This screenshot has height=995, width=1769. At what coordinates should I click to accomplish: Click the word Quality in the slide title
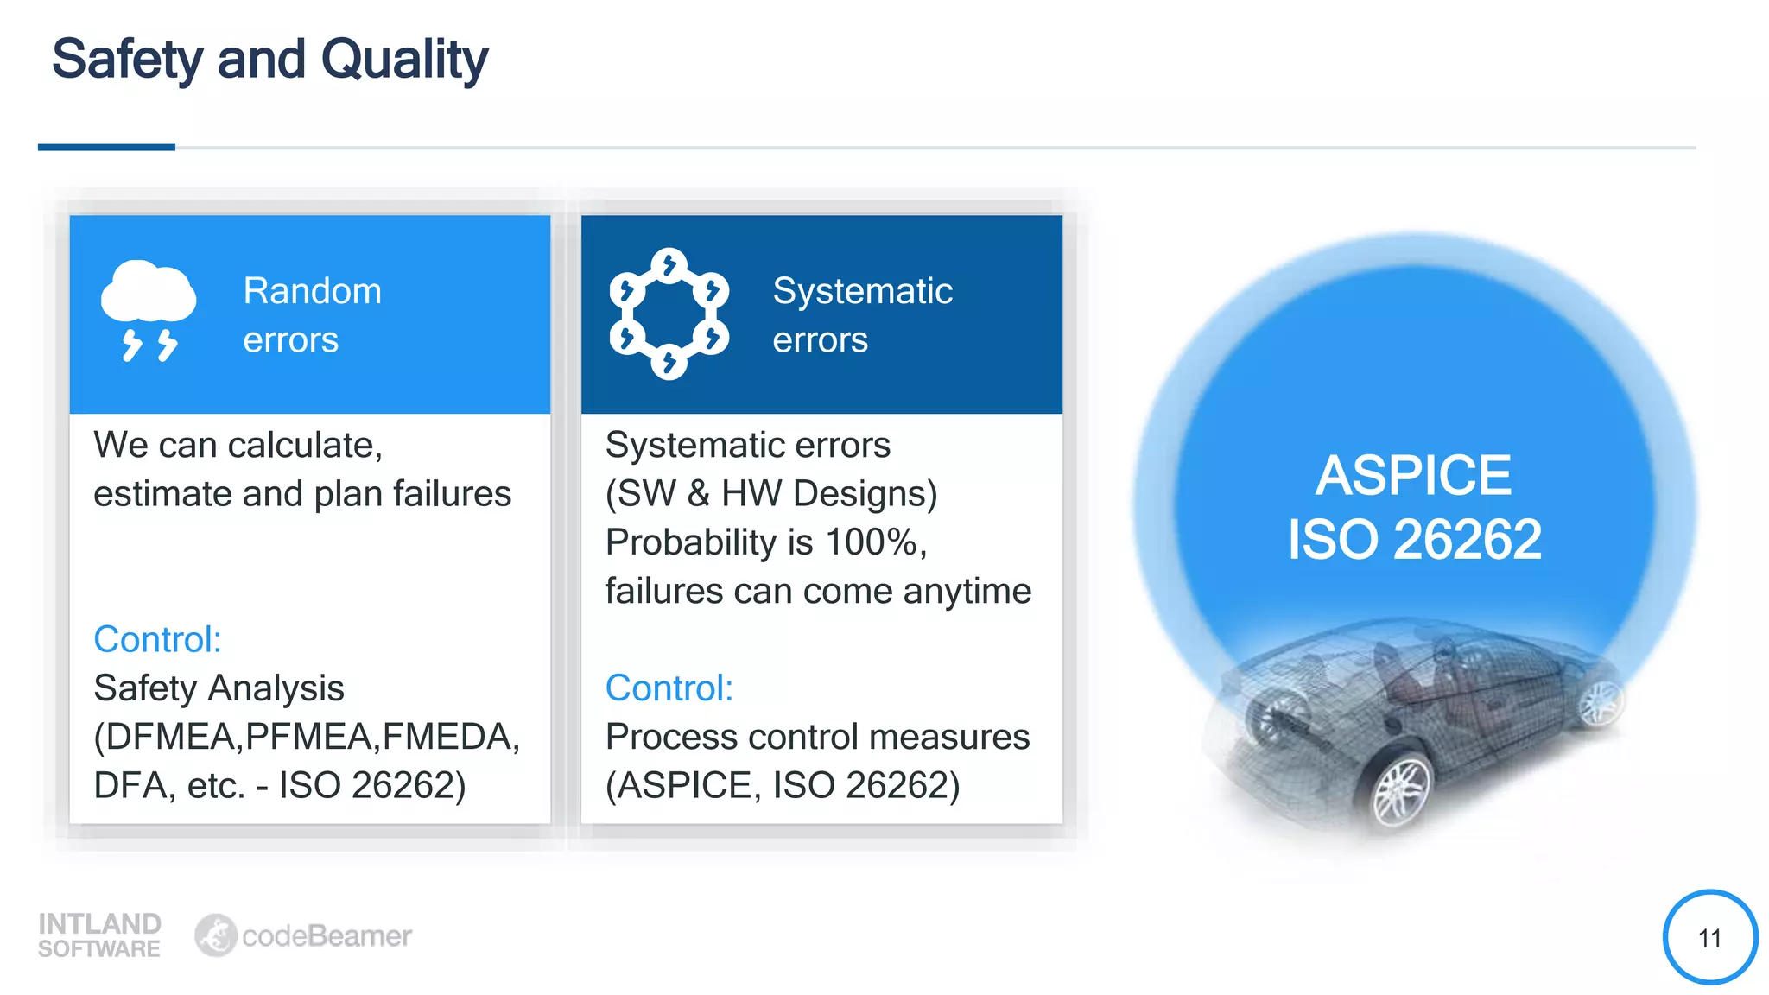(x=404, y=60)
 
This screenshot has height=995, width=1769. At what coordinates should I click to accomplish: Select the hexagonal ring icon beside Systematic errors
(x=669, y=314)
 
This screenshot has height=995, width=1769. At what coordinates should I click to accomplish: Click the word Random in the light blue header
(x=312, y=291)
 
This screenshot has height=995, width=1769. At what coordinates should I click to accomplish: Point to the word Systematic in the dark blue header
(x=862, y=291)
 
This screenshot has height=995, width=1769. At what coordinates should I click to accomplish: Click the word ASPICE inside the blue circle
(x=1413, y=475)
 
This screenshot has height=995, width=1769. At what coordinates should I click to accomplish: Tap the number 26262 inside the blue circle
(x=1467, y=540)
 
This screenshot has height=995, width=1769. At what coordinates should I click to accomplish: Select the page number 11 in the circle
(x=1709, y=938)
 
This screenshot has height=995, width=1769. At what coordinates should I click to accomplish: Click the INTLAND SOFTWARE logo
(x=99, y=935)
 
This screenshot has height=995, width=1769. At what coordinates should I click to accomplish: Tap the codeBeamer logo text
(x=326, y=936)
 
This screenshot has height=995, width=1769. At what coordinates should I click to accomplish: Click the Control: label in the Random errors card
(x=157, y=640)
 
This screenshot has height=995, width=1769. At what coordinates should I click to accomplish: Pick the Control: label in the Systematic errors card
(x=669, y=688)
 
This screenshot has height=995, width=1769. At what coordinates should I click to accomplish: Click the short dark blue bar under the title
(x=106, y=148)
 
